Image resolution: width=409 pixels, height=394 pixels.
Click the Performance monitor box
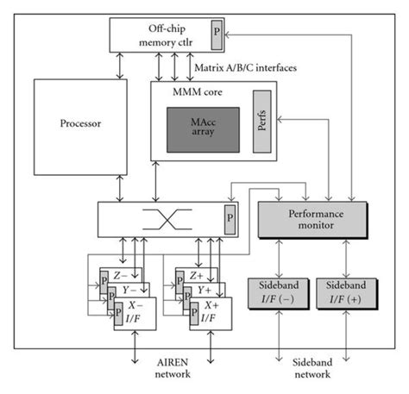pos(307,217)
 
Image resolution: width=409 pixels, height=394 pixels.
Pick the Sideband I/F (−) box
pos(277,292)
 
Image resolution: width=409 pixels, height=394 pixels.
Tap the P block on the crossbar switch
pos(230,215)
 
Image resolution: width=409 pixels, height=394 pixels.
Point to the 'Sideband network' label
pos(309,371)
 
